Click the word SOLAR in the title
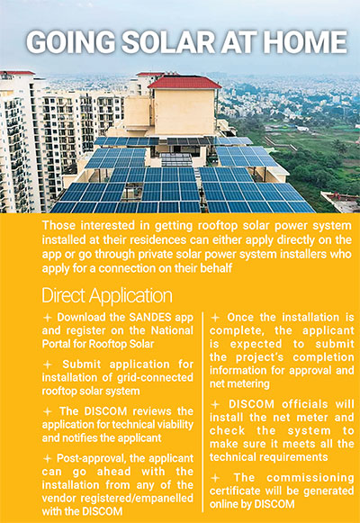[168, 42]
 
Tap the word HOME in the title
[306, 42]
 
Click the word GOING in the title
[71, 42]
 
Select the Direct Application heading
[107, 295]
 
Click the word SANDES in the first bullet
[150, 317]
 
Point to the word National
[172, 330]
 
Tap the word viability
[175, 424]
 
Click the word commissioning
[310, 478]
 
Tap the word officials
[305, 404]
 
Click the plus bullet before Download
[48, 318]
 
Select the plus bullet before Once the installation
[215, 318]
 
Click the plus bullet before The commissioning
[215, 478]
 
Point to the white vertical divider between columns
[202, 412]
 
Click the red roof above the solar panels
[184, 82]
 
